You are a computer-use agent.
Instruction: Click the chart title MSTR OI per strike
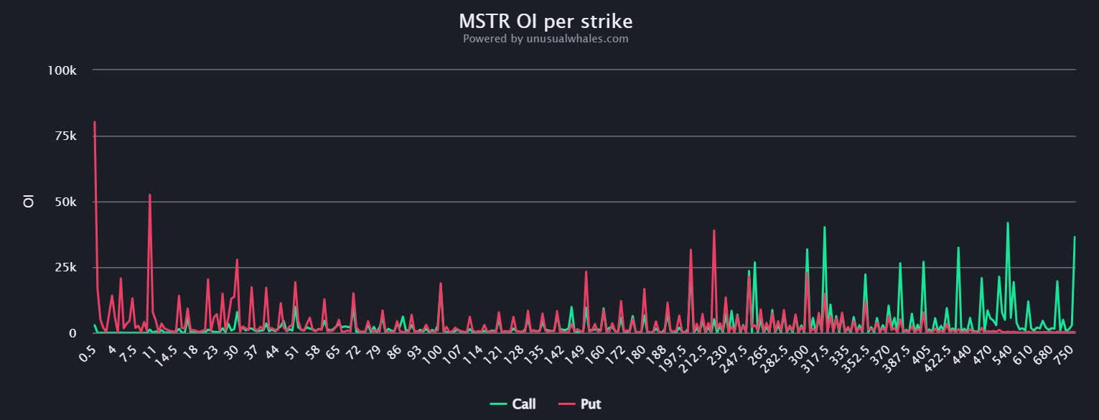(546, 19)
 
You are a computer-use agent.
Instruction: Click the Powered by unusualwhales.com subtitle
(546, 39)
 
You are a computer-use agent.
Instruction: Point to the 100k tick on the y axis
(62, 70)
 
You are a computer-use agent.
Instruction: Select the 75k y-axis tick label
(65, 136)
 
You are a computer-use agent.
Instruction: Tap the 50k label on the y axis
(65, 202)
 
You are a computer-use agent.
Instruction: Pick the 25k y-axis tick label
(65, 268)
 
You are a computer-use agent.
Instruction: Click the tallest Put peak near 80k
(95, 122)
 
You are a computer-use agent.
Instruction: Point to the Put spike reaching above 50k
(149, 195)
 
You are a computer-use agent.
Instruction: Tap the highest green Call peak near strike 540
(1008, 223)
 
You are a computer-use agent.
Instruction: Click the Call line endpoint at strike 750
(1075, 237)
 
